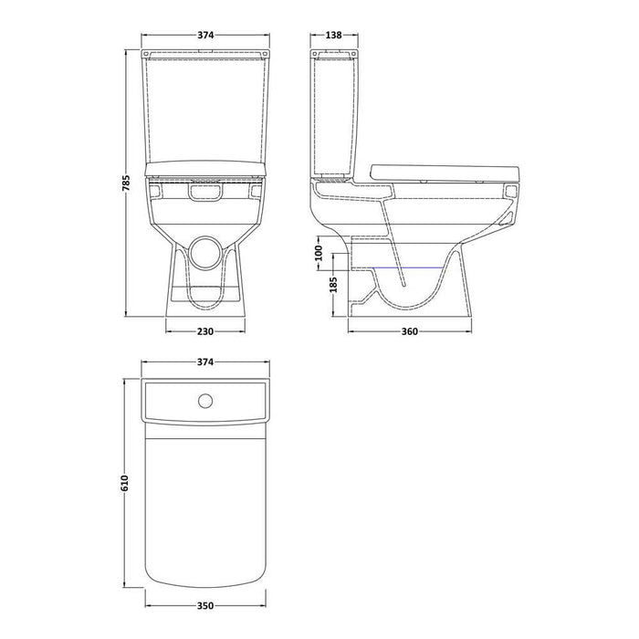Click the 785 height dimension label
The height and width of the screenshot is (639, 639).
coord(126,183)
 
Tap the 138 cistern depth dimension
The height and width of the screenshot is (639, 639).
coord(334,35)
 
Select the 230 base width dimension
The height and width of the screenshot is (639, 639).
coord(205,331)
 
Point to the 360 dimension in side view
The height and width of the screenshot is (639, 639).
coord(410,331)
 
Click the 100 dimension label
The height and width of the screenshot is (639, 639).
coord(319,253)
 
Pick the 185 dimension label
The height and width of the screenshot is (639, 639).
coord(333,285)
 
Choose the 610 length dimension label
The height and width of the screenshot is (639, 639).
coord(125,483)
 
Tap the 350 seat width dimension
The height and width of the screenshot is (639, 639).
coord(205,606)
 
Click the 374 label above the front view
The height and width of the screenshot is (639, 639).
coord(205,35)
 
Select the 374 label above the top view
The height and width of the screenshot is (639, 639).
coord(205,361)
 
